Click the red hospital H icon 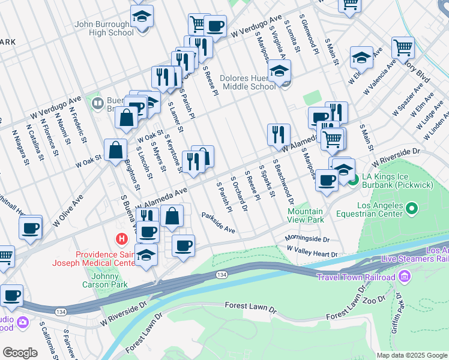[122, 239]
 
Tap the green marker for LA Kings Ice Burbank [354, 179]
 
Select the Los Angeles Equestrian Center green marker [412, 209]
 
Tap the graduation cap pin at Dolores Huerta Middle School [279, 72]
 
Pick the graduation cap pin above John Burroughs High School [142, 17]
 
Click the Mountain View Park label [305, 215]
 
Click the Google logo [20, 353]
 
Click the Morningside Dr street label [307, 238]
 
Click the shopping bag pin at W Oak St [115, 151]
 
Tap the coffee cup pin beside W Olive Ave [30, 228]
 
